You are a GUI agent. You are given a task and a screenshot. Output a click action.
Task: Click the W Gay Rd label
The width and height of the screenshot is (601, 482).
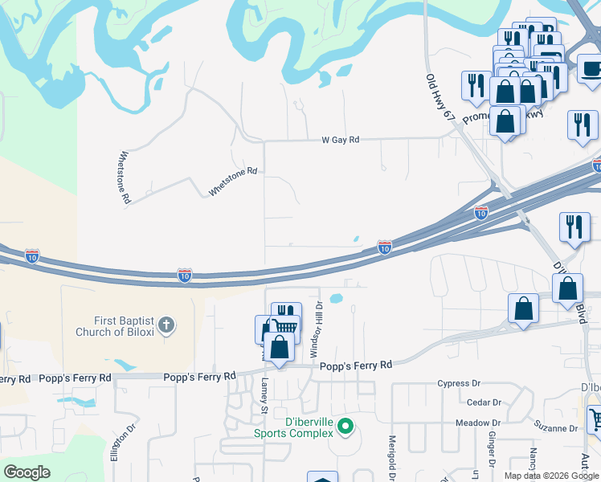(x=340, y=140)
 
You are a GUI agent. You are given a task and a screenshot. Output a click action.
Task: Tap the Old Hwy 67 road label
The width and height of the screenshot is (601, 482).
(x=440, y=98)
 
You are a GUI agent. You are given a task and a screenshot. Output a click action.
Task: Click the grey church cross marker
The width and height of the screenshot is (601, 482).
(x=166, y=325)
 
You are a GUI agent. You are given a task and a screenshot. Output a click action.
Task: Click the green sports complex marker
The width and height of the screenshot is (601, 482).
(x=345, y=426)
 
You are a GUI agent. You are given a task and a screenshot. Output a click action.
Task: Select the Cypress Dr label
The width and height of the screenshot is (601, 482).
(x=458, y=384)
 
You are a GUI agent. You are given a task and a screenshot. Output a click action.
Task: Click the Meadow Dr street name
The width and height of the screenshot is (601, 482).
(x=477, y=423)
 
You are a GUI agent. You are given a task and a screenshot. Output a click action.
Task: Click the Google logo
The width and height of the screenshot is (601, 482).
(x=27, y=472)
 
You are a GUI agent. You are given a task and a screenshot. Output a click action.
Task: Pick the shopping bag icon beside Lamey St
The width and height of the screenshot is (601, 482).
(x=279, y=348)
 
